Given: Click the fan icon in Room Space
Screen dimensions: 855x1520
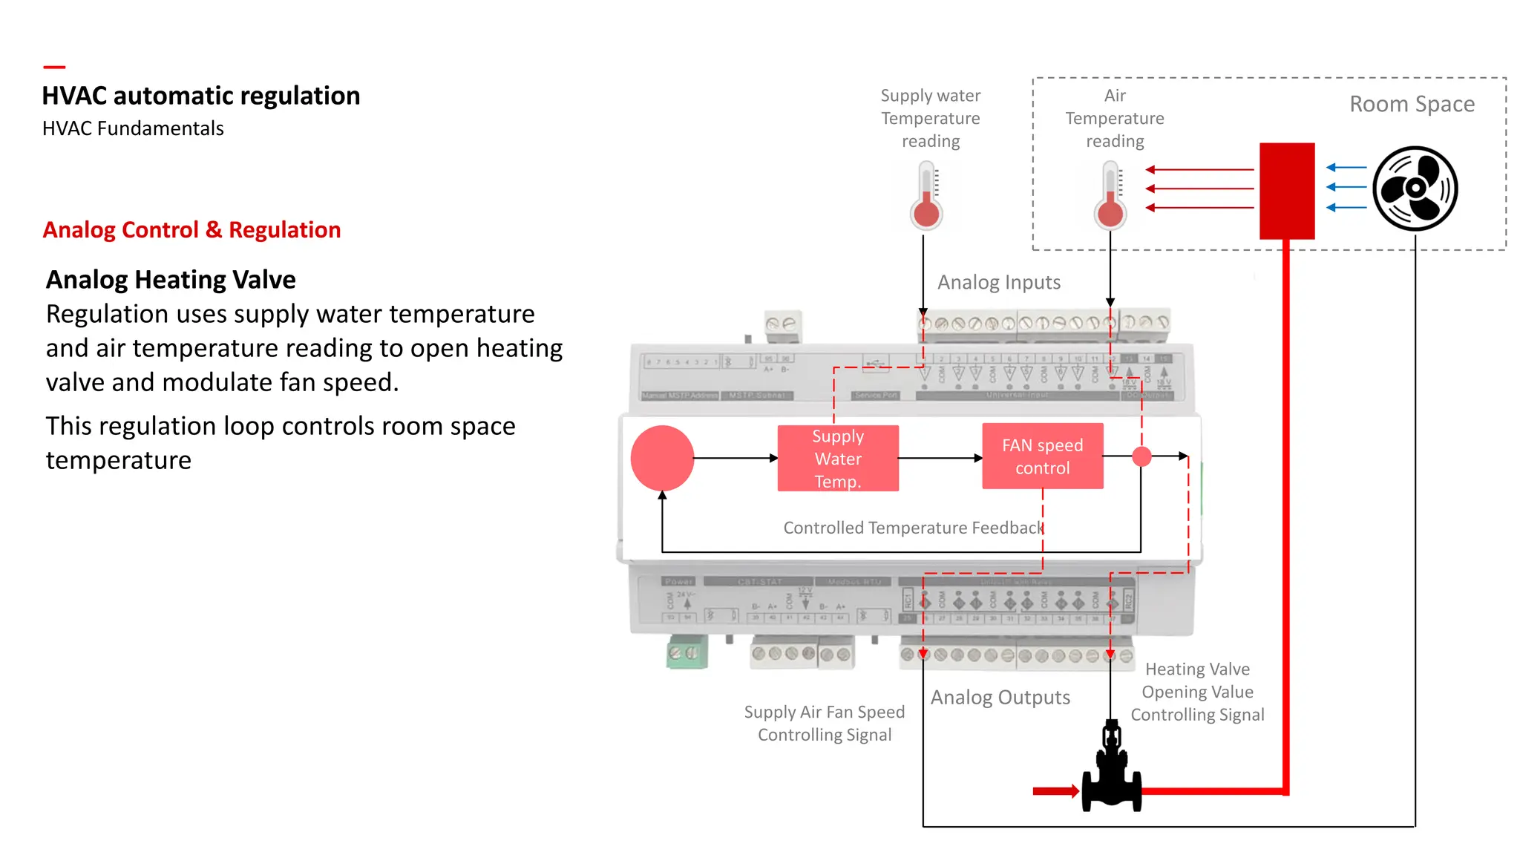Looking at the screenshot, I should [x=1415, y=189].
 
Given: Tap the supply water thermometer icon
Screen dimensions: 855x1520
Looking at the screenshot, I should [x=926, y=197].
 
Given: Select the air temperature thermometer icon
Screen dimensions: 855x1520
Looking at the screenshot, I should [x=1110, y=197].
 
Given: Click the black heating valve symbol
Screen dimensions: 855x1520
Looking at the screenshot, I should [x=1111, y=772].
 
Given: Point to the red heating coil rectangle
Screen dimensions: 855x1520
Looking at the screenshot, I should [x=1287, y=191].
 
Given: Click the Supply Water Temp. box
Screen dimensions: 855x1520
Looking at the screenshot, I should [x=838, y=459].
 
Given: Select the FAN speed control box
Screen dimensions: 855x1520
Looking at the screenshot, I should [x=1042, y=456].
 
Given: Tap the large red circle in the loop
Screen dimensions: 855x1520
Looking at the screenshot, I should [x=662, y=458].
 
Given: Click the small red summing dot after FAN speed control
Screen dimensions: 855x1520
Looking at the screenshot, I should [x=1141, y=456].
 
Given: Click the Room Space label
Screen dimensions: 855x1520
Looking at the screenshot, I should [x=1412, y=104].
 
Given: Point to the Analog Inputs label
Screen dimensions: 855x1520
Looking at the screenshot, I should [x=999, y=282].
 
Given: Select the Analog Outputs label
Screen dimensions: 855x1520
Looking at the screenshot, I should [x=1000, y=698].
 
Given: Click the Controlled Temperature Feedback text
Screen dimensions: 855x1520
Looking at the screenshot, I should [x=914, y=528].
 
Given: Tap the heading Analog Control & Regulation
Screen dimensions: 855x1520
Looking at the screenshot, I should [x=191, y=230].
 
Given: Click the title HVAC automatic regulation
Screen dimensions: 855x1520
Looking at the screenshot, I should [x=200, y=96].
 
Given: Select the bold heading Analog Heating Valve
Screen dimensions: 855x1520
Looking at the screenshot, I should [x=171, y=280].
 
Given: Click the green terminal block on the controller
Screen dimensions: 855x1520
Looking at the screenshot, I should [x=687, y=652].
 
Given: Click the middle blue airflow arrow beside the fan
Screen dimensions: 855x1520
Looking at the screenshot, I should [x=1346, y=188].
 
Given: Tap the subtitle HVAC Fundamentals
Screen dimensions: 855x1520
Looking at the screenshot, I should [x=133, y=128].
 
